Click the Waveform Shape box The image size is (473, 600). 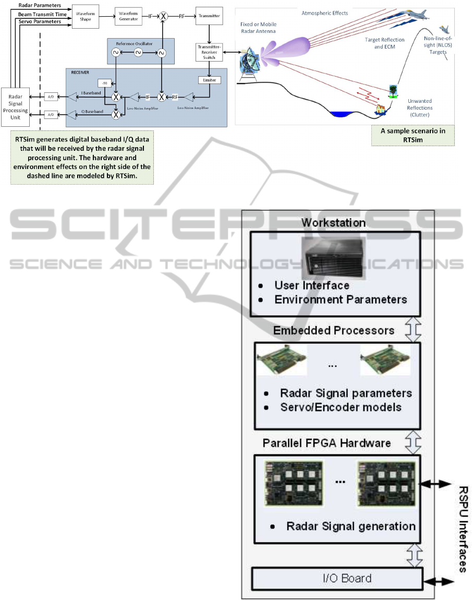pos(94,16)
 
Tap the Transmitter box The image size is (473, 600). pos(209,16)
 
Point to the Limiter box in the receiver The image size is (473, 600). pos(210,80)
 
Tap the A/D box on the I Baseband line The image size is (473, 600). pos(51,97)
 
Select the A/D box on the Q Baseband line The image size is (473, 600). pos(51,114)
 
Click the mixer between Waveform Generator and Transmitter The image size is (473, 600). pos(163,17)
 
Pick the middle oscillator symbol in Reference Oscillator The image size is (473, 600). pos(138,53)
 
